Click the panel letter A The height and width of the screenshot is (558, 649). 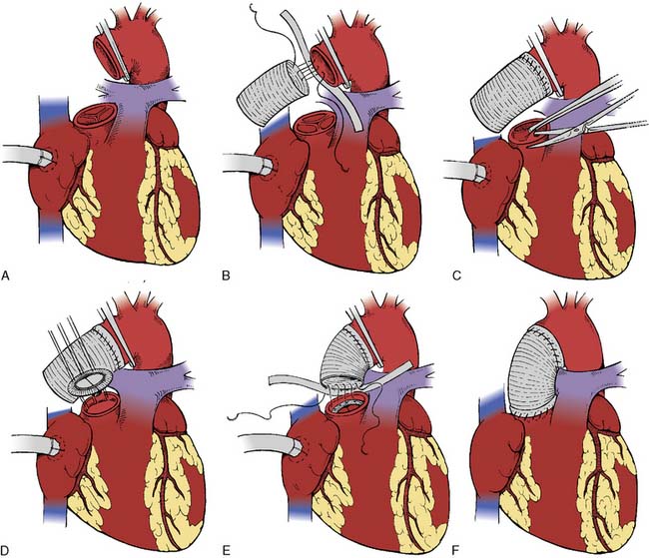click(5, 276)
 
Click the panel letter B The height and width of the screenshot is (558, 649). click(226, 276)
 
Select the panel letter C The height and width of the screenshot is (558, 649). click(457, 276)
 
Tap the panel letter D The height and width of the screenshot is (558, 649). click(5, 550)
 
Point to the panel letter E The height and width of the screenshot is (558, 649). click(226, 550)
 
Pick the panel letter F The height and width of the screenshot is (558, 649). click(456, 550)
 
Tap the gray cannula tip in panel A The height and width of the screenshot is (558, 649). click(45, 157)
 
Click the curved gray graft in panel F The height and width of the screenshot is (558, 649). click(536, 370)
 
